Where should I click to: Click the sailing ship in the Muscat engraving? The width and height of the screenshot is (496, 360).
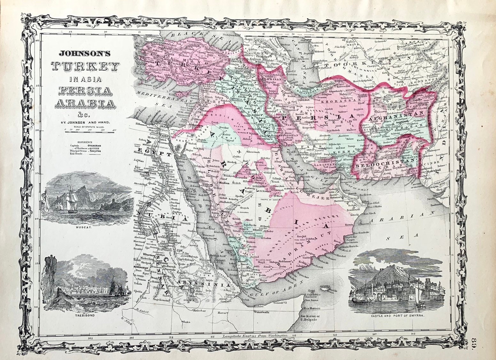pos(71,198)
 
